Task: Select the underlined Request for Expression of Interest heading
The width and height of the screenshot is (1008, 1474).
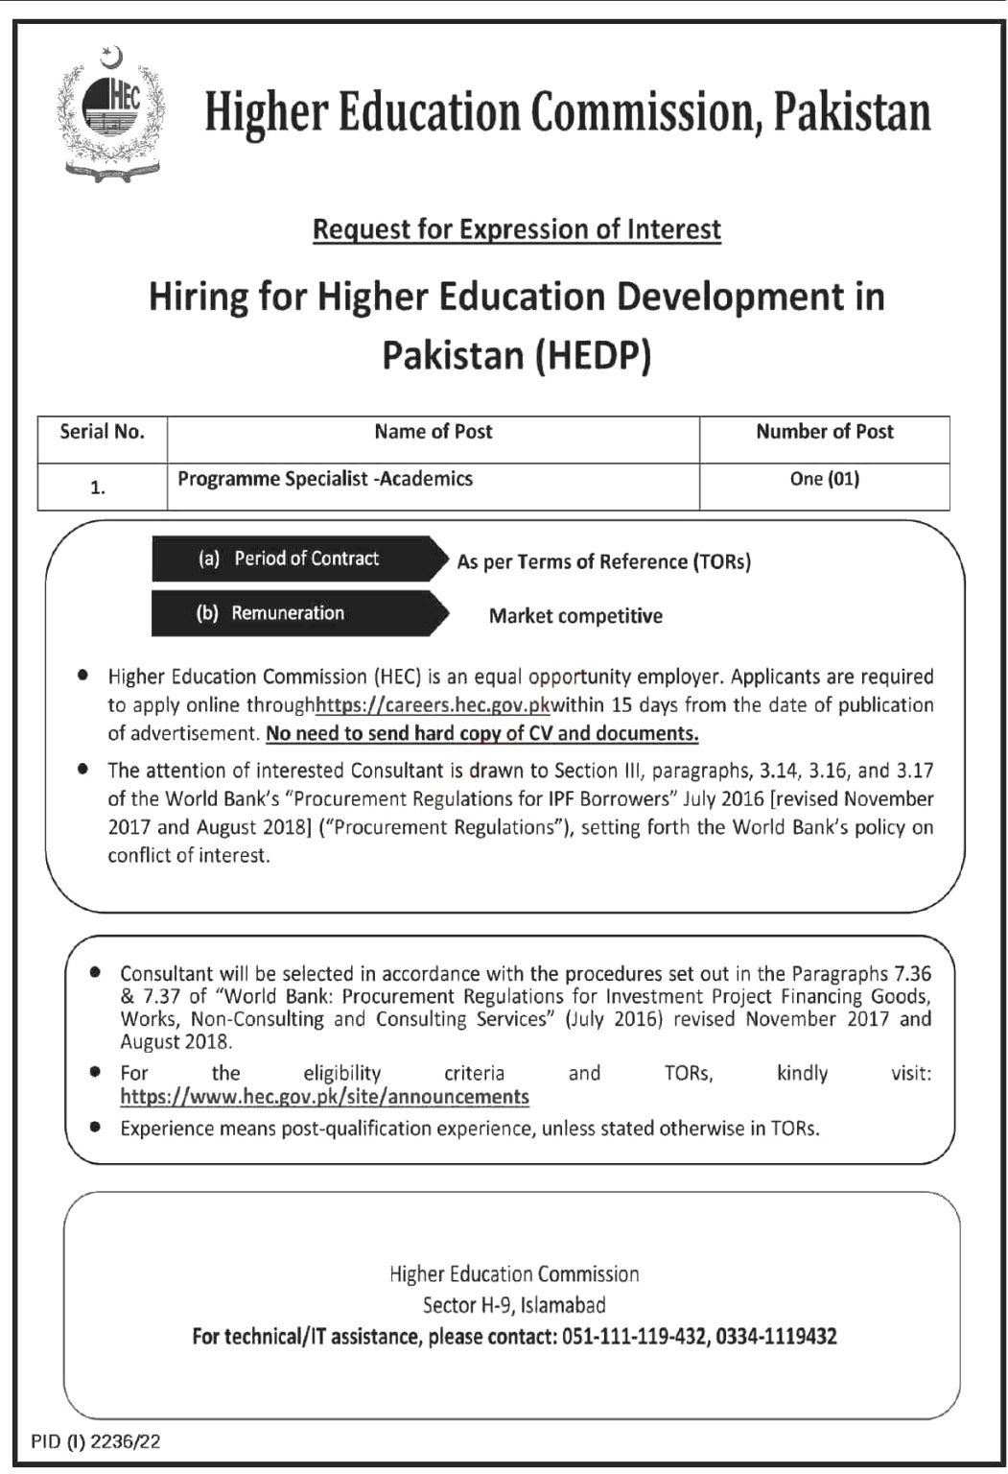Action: [517, 229]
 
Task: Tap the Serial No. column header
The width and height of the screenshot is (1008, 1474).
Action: [102, 432]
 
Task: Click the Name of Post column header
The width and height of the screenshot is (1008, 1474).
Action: [433, 432]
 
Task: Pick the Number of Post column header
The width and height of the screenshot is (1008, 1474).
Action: [824, 432]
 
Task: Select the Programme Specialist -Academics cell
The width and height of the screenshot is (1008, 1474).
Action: [325, 478]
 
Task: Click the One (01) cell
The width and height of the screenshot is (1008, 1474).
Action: [824, 478]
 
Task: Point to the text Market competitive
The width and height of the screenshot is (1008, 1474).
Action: [575, 616]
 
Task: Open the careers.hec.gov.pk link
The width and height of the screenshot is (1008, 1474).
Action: [433, 705]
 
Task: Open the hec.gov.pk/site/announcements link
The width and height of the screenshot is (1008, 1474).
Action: [324, 1096]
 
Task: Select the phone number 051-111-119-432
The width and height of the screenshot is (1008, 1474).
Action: [631, 1336]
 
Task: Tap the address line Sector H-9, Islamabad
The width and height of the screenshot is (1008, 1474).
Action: [514, 1305]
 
